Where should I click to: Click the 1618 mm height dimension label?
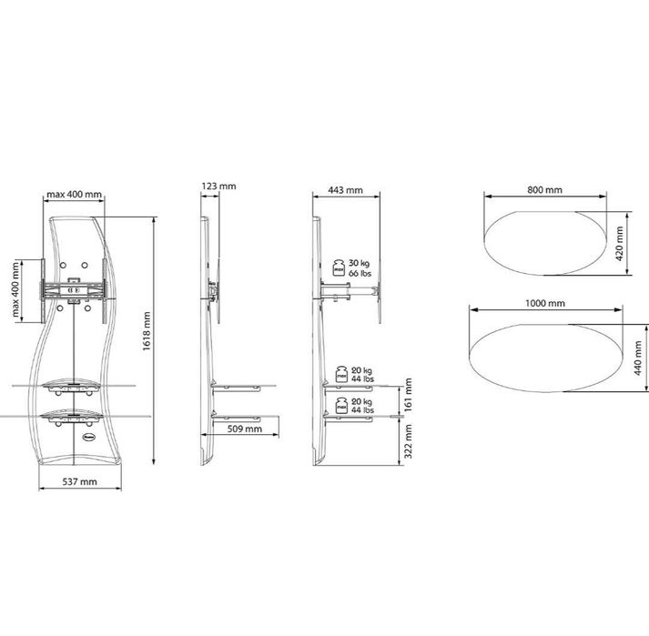tap(147, 331)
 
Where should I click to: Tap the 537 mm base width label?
tap(79, 481)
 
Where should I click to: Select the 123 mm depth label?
tap(219, 187)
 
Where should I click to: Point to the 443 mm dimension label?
tap(345, 190)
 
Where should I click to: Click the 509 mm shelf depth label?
tap(245, 429)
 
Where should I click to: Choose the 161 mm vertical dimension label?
tap(408, 394)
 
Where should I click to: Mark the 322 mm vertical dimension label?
tap(408, 440)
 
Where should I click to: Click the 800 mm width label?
tap(544, 190)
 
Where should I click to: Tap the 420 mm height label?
tap(620, 243)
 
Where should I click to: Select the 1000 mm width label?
tap(545, 303)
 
